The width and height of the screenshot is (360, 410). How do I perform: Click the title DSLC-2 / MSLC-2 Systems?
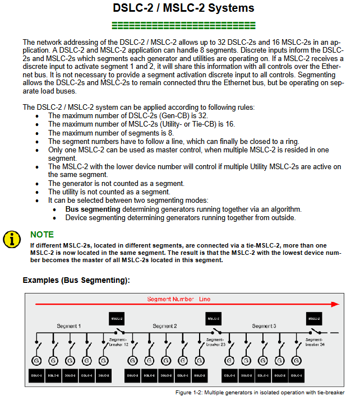click(183, 8)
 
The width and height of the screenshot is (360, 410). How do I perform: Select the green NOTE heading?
click(42, 235)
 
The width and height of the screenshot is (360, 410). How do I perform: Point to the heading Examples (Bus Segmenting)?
click(76, 280)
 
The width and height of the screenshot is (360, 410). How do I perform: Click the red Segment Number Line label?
click(179, 299)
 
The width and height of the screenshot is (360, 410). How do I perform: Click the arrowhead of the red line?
click(335, 305)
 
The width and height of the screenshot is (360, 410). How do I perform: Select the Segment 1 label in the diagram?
click(68, 326)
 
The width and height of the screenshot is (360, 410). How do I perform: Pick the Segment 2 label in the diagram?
click(165, 326)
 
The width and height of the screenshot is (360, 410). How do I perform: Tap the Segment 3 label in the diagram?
click(264, 326)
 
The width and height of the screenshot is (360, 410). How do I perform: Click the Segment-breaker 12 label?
click(118, 342)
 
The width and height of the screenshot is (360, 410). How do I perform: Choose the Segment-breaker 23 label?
click(215, 342)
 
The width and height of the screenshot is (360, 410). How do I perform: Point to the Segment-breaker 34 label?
click(315, 342)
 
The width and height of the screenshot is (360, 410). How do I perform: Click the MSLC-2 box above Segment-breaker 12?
click(117, 318)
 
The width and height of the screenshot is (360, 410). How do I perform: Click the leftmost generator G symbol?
click(36, 360)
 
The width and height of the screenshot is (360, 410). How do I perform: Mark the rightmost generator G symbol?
click(297, 360)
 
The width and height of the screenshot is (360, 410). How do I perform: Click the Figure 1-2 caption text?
click(260, 393)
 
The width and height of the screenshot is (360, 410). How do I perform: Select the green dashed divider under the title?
click(183, 25)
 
